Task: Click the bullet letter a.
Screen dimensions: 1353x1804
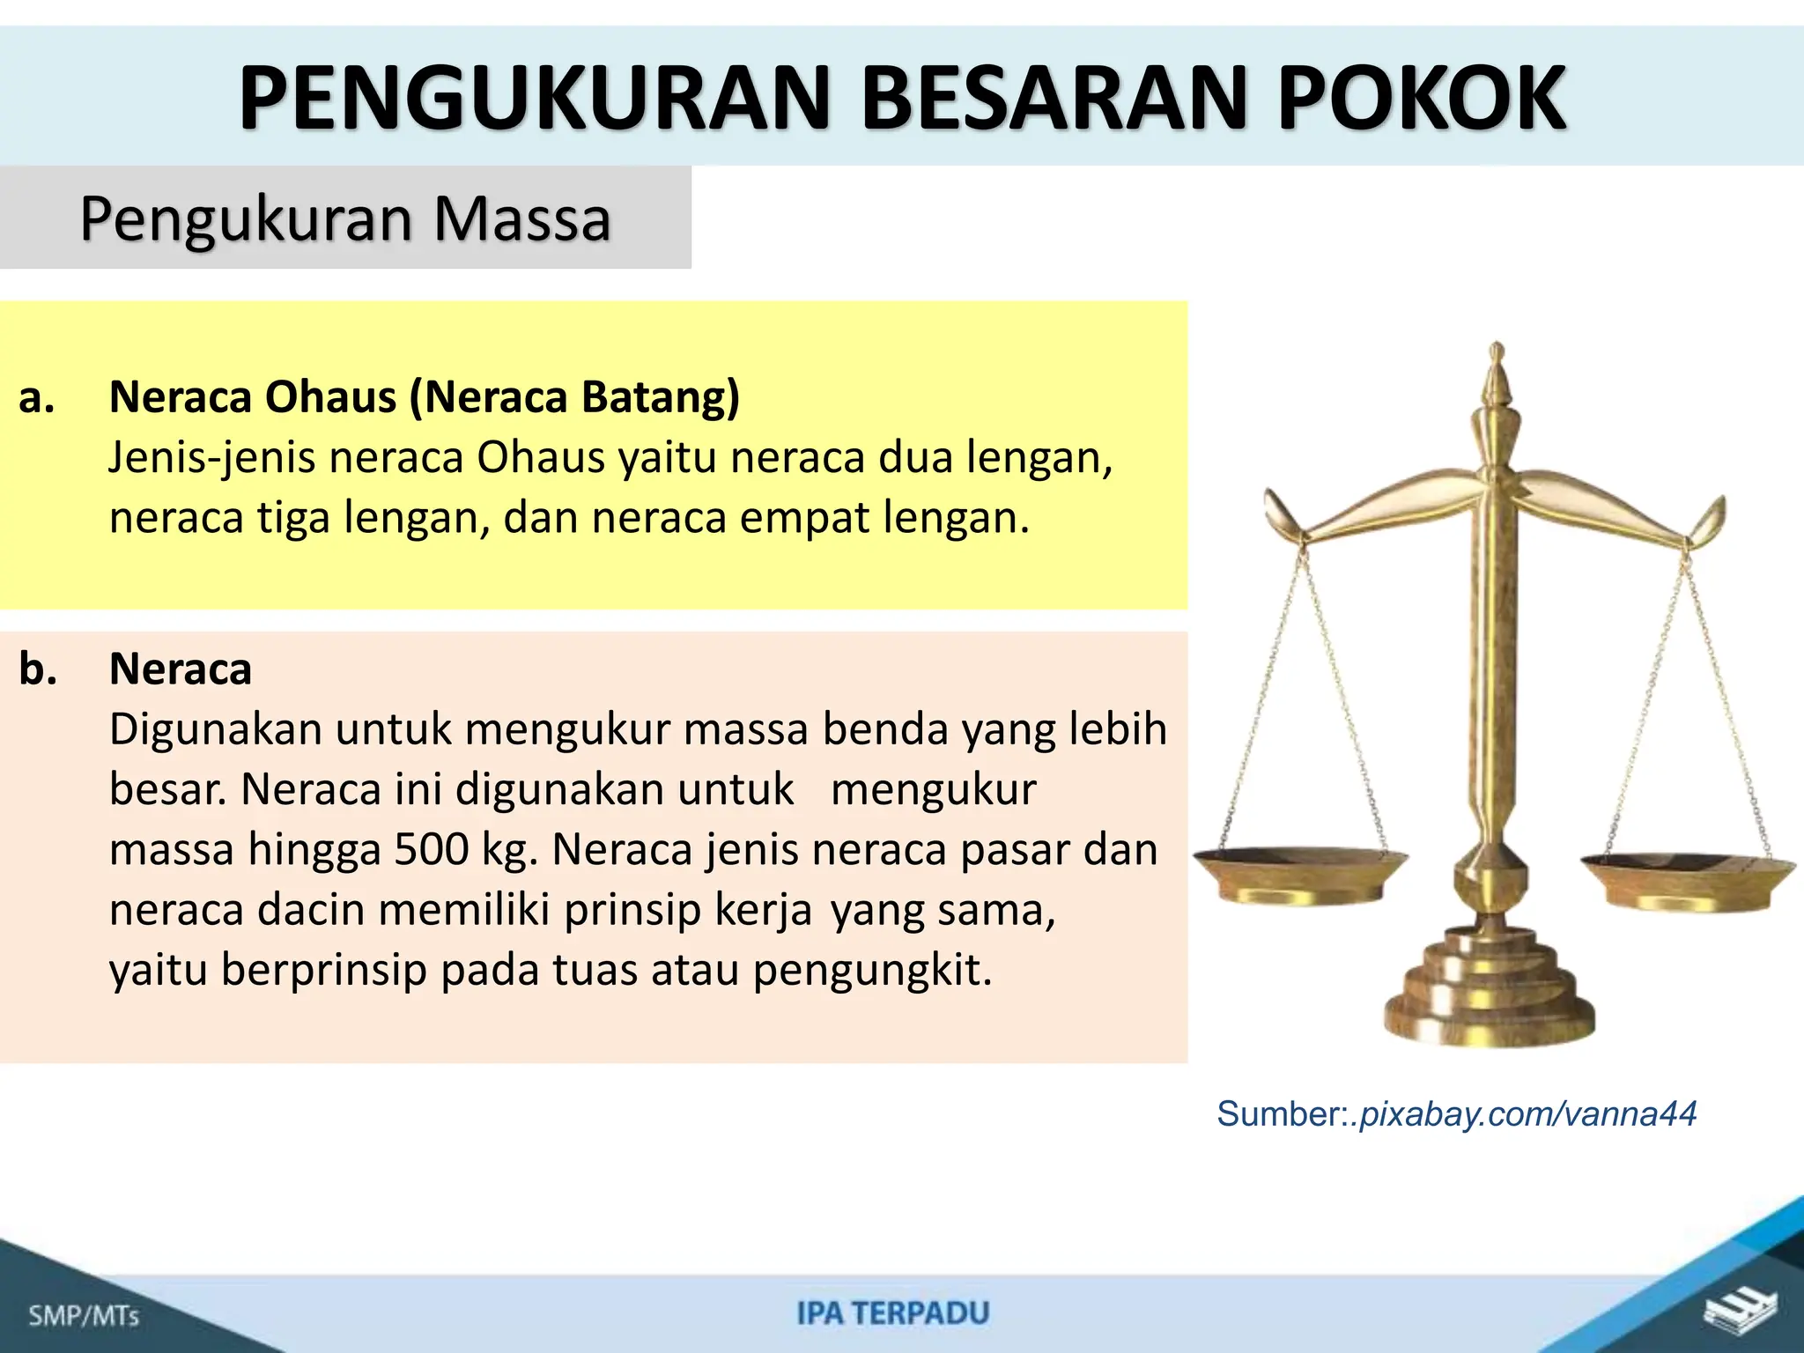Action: click(x=37, y=398)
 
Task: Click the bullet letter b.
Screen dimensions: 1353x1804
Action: click(x=38, y=669)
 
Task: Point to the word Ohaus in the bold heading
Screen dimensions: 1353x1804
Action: click(x=330, y=397)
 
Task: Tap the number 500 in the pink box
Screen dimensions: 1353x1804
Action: click(x=432, y=849)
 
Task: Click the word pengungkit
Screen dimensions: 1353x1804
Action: click(x=872, y=970)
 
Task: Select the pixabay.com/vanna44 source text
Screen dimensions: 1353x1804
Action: click(x=1528, y=1114)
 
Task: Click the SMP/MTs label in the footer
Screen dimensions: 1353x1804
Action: click(x=84, y=1316)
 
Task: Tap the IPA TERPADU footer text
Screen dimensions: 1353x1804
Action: click(x=893, y=1313)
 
